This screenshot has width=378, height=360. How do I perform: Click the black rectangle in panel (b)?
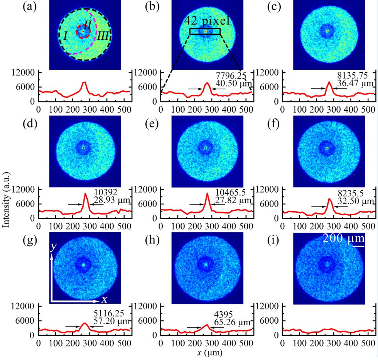point(205,31)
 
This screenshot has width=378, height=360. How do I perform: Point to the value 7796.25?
point(229,75)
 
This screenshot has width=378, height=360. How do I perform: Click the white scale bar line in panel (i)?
point(358,246)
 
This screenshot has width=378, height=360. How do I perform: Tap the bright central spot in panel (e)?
point(205,147)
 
